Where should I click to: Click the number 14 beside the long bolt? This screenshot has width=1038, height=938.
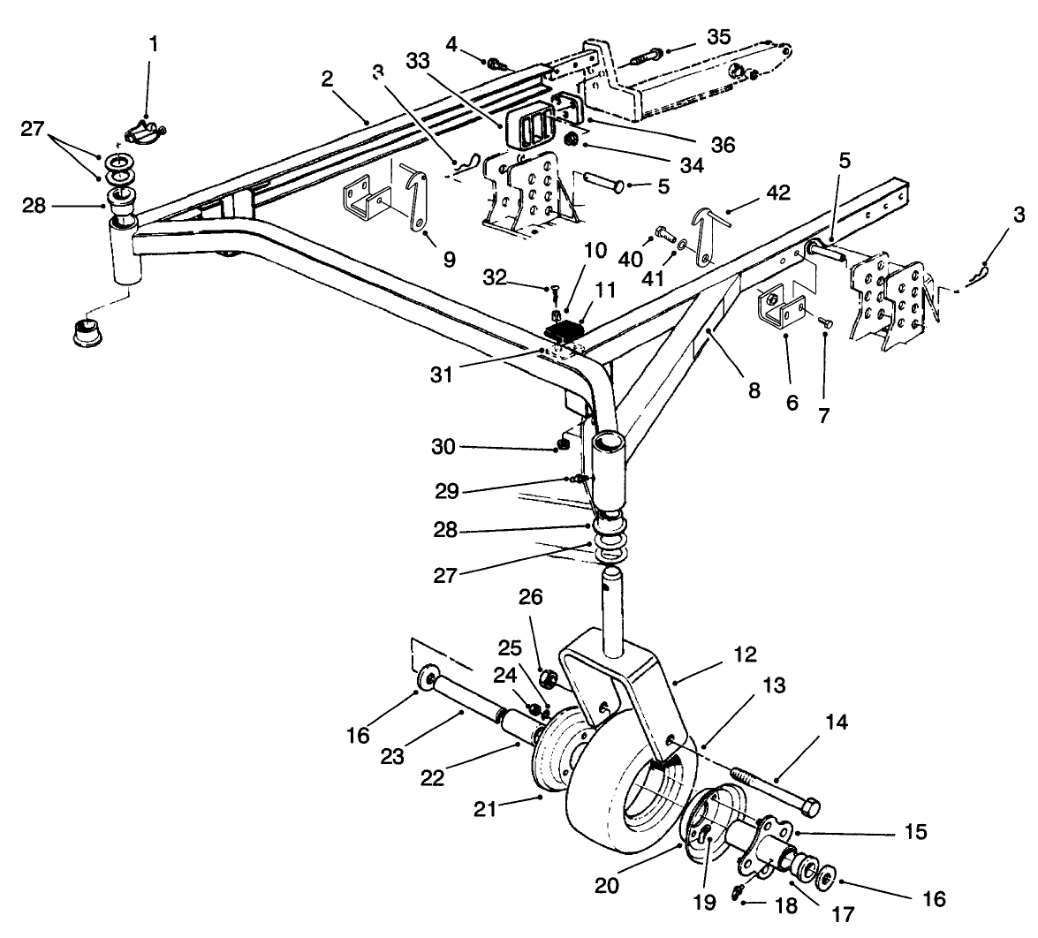[837, 722]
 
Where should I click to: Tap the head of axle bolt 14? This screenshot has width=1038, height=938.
[809, 806]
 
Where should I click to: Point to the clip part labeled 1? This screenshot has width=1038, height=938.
[145, 134]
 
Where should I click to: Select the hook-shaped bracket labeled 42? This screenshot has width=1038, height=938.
[708, 234]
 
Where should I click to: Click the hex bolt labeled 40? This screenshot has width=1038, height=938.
[659, 235]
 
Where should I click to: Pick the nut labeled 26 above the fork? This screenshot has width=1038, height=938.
[546, 679]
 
